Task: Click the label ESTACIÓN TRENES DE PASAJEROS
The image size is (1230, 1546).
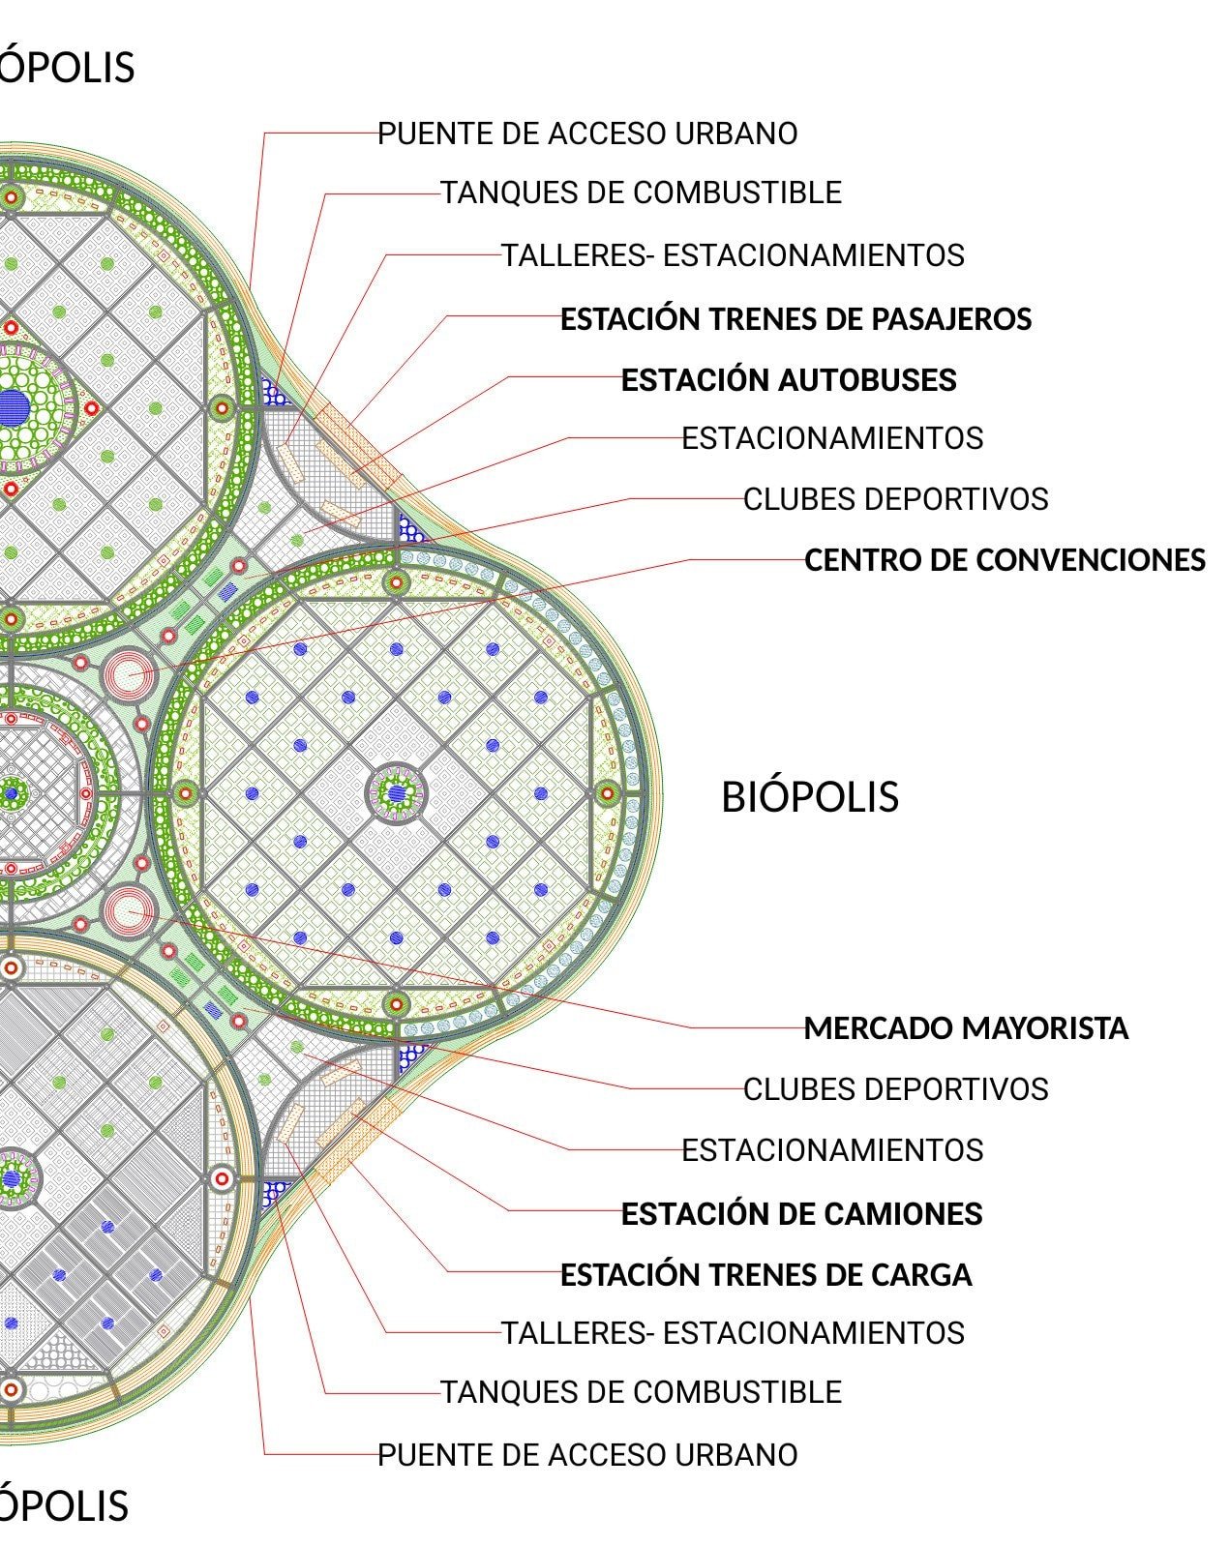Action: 795,319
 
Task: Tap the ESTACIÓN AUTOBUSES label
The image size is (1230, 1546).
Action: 788,380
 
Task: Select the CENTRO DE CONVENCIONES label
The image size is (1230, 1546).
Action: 1005,560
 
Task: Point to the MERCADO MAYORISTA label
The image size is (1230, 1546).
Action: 966,1028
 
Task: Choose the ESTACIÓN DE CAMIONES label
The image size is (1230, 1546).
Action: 801,1214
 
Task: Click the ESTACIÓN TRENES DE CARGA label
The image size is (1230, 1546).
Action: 765,1275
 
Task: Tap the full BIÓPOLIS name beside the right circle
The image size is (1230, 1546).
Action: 810,797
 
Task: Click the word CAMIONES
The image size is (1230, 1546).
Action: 913,1214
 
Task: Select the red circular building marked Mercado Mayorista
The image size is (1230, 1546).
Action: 128,911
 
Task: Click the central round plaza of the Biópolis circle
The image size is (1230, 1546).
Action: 397,793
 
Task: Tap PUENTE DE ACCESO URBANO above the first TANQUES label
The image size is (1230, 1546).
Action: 586,134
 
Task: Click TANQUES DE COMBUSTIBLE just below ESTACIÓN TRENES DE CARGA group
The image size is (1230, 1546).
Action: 641,1392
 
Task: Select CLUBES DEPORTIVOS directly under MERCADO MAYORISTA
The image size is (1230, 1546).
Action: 895,1089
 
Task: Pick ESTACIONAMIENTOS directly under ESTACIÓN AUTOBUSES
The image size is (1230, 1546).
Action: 832,439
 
